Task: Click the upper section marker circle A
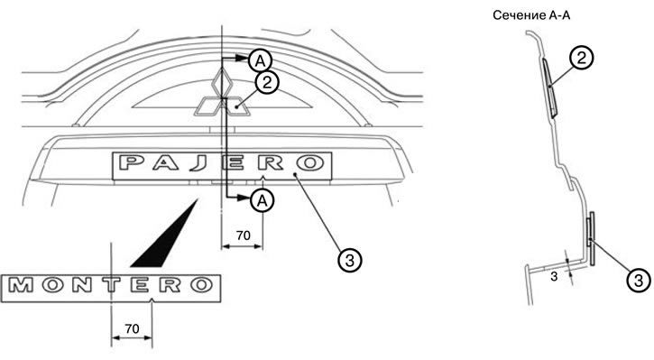tap(260, 61)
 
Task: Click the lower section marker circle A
tap(262, 201)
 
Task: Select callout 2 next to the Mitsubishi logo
tap(267, 83)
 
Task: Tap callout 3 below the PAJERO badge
tap(349, 261)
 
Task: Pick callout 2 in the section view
tap(581, 57)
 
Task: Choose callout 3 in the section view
tap(639, 280)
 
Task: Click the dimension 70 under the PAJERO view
tap(244, 235)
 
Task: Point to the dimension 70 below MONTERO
tap(132, 328)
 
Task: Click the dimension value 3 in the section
tap(554, 276)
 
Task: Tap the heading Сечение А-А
tap(531, 15)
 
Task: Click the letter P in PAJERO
tap(130, 162)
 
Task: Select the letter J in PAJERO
tap(198, 163)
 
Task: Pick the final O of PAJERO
tap(309, 162)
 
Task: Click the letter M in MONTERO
tap(21, 285)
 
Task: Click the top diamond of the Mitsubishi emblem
tap(221, 82)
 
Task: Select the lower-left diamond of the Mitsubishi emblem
tap(209, 106)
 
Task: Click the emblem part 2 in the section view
tap(549, 88)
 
